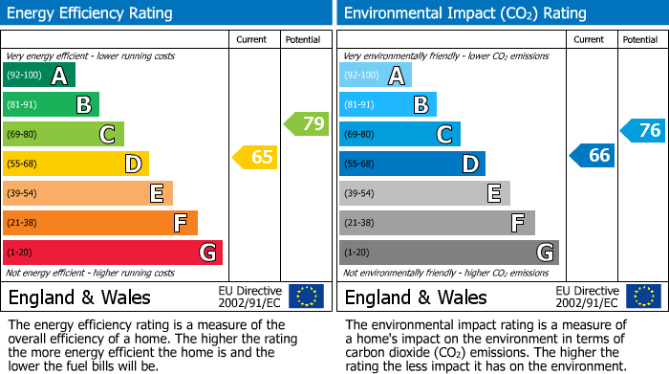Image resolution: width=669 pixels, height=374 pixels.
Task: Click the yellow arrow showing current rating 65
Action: coord(256,157)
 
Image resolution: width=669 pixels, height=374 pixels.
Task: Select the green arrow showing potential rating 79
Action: coord(307,123)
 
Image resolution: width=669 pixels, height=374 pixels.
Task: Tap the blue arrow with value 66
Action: coord(593,155)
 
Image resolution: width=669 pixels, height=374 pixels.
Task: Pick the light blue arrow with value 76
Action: coord(643,130)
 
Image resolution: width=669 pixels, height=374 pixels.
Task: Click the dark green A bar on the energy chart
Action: coord(39,76)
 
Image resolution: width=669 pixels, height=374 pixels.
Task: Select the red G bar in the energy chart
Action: coord(113,253)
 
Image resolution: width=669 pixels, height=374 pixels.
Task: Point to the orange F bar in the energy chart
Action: coord(100,223)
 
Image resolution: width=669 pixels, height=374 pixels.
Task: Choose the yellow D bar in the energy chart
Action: coord(76,164)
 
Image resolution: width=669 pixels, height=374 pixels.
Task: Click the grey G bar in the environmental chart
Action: coord(448,253)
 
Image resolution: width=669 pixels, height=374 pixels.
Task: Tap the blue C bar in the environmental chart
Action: coord(399,134)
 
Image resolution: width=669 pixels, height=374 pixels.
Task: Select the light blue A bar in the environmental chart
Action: coord(376,76)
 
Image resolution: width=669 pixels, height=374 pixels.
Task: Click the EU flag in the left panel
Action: coord(306,297)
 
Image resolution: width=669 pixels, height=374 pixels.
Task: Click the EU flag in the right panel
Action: coord(642,297)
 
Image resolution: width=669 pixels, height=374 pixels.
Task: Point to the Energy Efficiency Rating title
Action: coord(91,13)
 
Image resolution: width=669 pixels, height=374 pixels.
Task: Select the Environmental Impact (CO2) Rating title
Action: coord(464,13)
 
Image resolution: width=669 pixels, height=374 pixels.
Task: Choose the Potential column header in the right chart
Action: coord(639,39)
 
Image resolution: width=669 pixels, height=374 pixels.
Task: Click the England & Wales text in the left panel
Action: coord(79,297)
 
